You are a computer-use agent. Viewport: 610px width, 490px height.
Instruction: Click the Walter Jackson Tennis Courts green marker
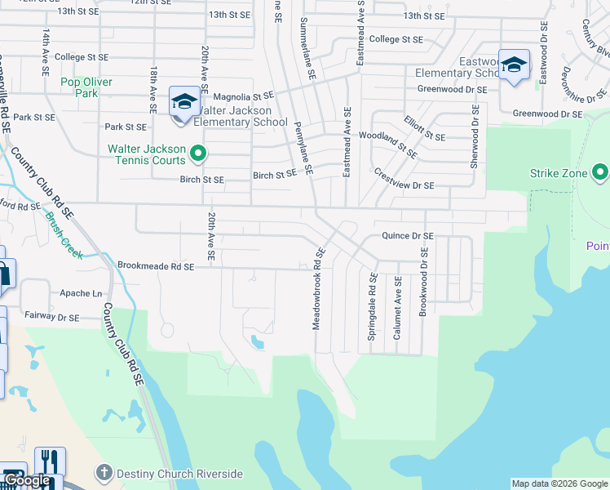[x=197, y=154]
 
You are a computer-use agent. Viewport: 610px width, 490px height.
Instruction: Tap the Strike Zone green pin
[x=600, y=172]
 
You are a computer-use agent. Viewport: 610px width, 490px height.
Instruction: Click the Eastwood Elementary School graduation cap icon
[x=514, y=65]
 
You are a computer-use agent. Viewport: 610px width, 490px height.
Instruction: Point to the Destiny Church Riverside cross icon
[x=104, y=473]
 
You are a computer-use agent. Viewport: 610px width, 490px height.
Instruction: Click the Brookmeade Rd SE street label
[x=156, y=266]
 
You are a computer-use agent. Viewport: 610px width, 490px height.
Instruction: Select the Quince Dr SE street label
[x=408, y=236]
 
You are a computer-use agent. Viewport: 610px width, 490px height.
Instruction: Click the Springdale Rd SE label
[x=372, y=295]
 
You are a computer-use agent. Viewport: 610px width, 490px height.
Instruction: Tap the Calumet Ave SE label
[x=398, y=303]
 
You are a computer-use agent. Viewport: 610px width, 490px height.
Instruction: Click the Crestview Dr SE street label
[x=404, y=180]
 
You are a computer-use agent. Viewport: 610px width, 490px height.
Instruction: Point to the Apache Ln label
[x=81, y=293]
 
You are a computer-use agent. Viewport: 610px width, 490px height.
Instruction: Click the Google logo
[x=28, y=481]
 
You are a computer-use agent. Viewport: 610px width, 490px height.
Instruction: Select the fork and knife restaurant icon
[x=49, y=462]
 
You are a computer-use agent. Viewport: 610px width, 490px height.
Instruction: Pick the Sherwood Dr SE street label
[x=474, y=136]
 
